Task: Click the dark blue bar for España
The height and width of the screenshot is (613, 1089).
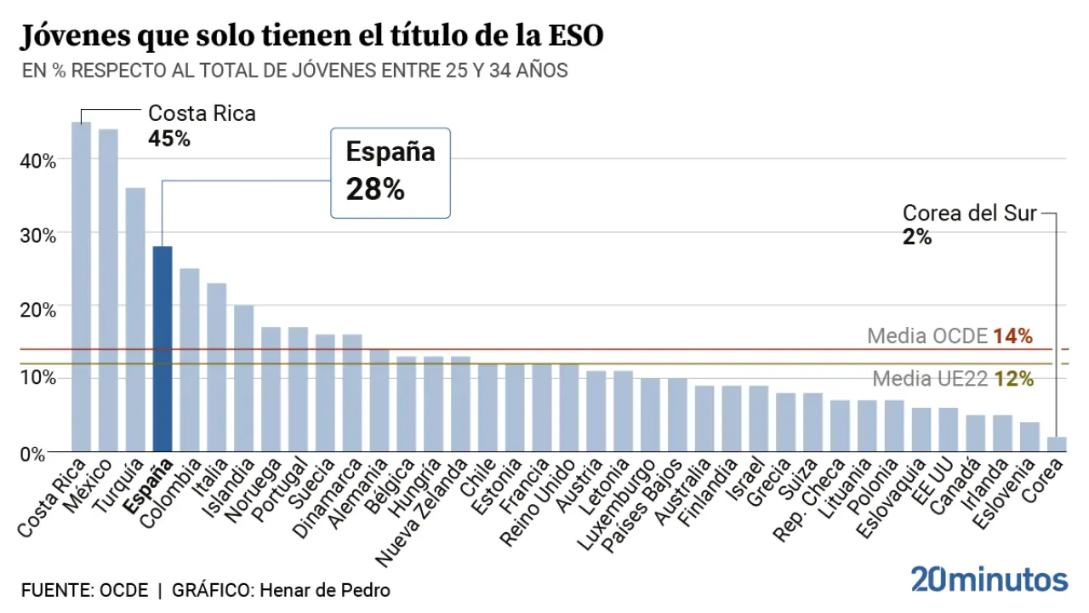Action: pos(162,349)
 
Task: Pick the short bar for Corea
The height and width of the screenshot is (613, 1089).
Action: pos(1056,444)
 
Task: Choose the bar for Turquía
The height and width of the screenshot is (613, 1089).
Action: pos(135,319)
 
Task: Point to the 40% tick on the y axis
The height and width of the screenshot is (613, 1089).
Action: pos(38,160)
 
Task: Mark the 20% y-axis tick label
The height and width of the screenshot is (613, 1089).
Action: pos(38,307)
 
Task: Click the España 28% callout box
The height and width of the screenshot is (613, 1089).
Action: pos(390,172)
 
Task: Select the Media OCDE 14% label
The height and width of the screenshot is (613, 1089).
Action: pos(949,335)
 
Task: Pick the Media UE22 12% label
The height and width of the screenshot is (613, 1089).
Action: pos(953,379)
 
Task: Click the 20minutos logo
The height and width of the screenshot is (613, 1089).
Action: pos(989,579)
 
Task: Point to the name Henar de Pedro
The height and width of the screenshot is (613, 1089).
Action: pos(324,590)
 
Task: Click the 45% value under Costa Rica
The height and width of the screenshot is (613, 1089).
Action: pos(169,138)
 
